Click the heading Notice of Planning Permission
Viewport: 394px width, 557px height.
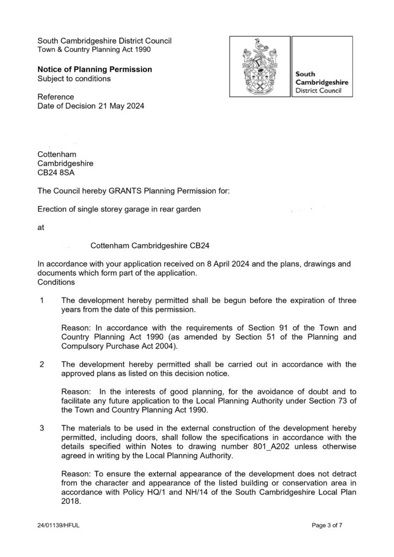94,70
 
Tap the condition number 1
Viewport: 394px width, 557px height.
41,300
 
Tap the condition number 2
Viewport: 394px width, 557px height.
41,364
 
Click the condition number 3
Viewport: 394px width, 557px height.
41,428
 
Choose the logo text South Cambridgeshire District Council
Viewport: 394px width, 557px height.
322,82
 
